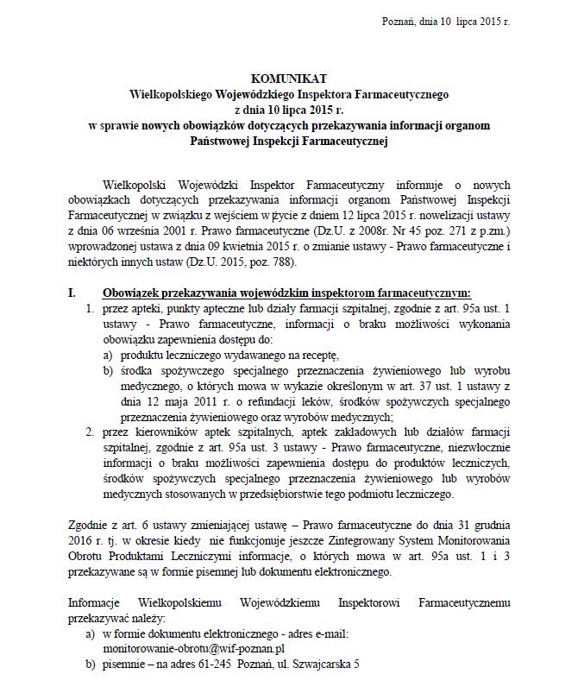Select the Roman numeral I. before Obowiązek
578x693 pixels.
coord(72,293)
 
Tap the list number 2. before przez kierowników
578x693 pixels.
coord(89,432)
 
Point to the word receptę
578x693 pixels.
coord(317,355)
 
